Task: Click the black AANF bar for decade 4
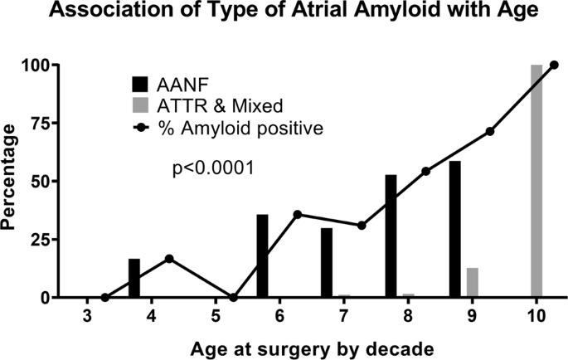[134, 278]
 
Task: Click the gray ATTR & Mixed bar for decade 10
[536, 181]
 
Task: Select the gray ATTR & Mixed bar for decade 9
[472, 282]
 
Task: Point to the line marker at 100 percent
[554, 65]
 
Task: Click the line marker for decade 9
[490, 131]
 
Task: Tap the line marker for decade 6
[298, 214]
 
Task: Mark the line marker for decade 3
[104, 297]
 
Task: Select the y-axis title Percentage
[14, 181]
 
